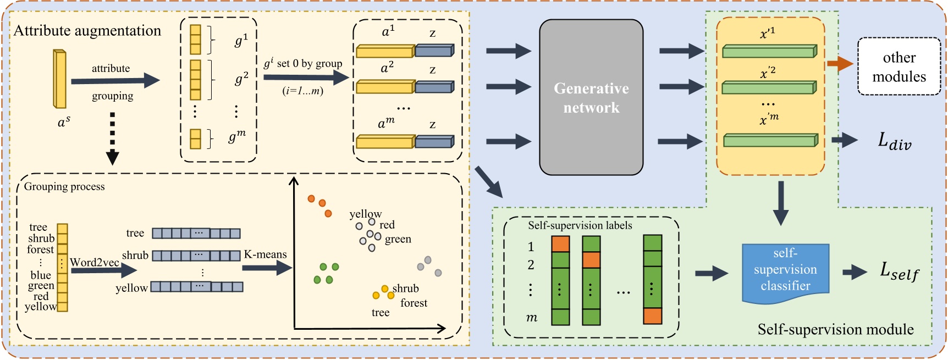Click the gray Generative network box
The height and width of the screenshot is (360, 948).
(591, 97)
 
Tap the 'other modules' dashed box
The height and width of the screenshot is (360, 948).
(899, 67)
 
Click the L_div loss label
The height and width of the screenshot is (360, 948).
(895, 141)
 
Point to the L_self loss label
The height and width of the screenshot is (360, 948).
(899, 271)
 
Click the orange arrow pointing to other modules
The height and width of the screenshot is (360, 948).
(840, 64)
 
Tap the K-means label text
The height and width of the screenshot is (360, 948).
(265, 254)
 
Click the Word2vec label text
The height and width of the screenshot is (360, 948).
(95, 262)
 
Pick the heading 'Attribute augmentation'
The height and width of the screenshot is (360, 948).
(87, 31)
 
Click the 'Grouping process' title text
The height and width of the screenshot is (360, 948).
(64, 186)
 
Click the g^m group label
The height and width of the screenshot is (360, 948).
(237, 136)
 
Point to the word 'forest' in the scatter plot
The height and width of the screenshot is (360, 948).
(414, 303)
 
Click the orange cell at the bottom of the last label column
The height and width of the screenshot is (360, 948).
(653, 316)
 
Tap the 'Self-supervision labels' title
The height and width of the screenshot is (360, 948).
(580, 225)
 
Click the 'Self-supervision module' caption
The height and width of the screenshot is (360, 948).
(835, 329)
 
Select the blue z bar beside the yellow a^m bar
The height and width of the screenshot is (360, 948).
(434, 142)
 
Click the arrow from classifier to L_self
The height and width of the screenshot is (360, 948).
(855, 272)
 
